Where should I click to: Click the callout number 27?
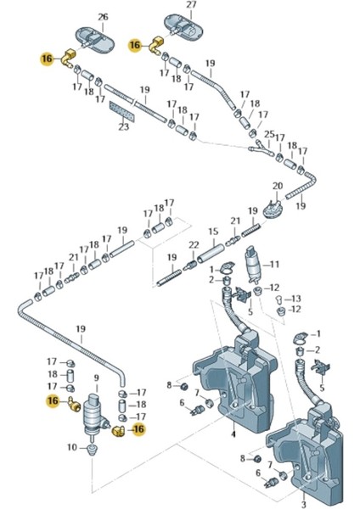pyautogui.click(x=191, y=6)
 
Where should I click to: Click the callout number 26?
pyautogui.click(x=103, y=17)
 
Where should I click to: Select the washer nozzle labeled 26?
pyautogui.click(x=96, y=39)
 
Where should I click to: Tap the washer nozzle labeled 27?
pyautogui.click(x=183, y=25)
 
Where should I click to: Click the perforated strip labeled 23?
pyautogui.click(x=122, y=111)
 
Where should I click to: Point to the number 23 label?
pyautogui.click(x=123, y=126)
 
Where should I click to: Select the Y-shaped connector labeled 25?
pyautogui.click(x=262, y=148)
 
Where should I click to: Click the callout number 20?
pyautogui.click(x=278, y=186)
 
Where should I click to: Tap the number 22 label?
pyautogui.click(x=194, y=245)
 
